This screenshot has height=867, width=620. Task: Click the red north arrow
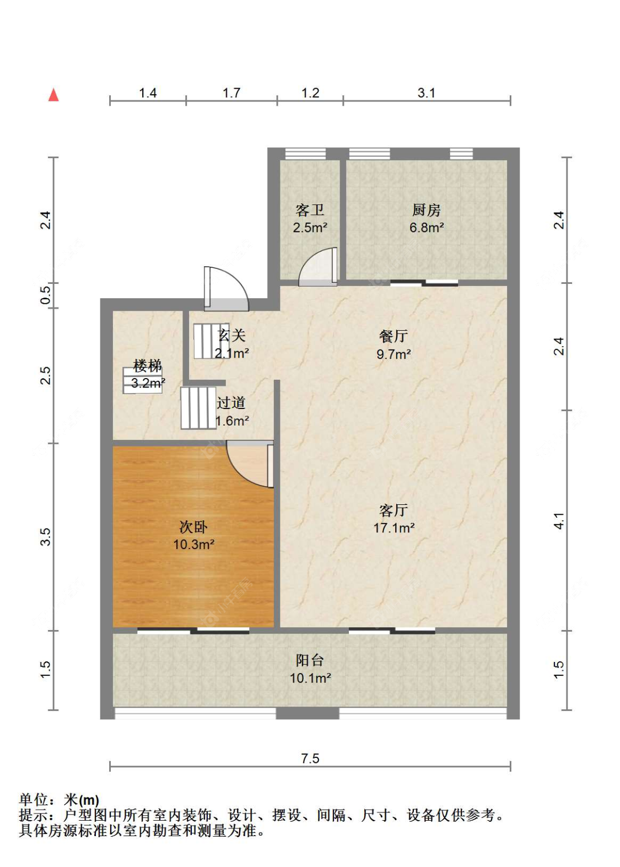coord(53,95)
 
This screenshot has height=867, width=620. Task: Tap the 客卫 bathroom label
coord(310,210)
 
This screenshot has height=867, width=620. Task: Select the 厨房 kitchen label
coord(426,210)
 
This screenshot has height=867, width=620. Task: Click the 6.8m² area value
coord(427,228)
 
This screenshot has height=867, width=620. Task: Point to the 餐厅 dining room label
coord(393,336)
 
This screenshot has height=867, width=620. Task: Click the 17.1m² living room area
coord(393,528)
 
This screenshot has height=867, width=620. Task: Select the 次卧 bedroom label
coord(193,527)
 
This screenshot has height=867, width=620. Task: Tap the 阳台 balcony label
coord(310,660)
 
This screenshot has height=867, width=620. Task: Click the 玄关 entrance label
coord(232,336)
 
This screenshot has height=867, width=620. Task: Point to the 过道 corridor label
coord(231,403)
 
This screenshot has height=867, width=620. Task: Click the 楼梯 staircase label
coord(148,366)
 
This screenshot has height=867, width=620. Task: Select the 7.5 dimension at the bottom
coord(310,758)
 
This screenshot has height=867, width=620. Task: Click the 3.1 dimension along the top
coord(427,93)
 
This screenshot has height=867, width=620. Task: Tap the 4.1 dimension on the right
coord(559,521)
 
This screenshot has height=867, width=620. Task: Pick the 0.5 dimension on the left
coord(46,295)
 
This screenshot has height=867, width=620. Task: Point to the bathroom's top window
coord(305,154)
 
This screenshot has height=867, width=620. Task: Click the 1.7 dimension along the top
coord(231,93)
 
